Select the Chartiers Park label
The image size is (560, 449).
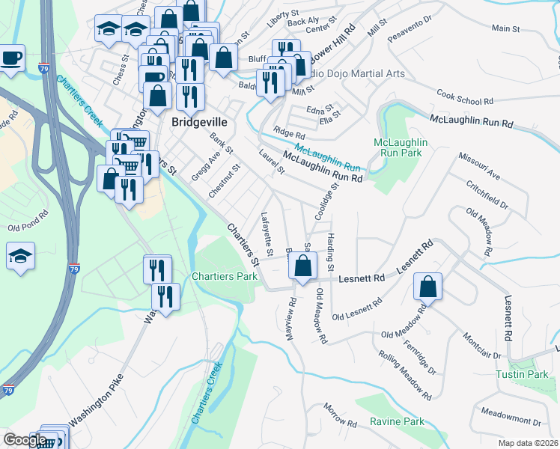click(225, 277)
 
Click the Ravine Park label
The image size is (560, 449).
click(397, 422)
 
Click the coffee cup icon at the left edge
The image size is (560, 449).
click(11, 58)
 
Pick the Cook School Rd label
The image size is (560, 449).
click(465, 97)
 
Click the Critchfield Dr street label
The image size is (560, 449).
click(487, 195)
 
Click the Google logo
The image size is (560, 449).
click(25, 440)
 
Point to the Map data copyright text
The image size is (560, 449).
click(529, 443)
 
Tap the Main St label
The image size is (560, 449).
click(506, 28)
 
